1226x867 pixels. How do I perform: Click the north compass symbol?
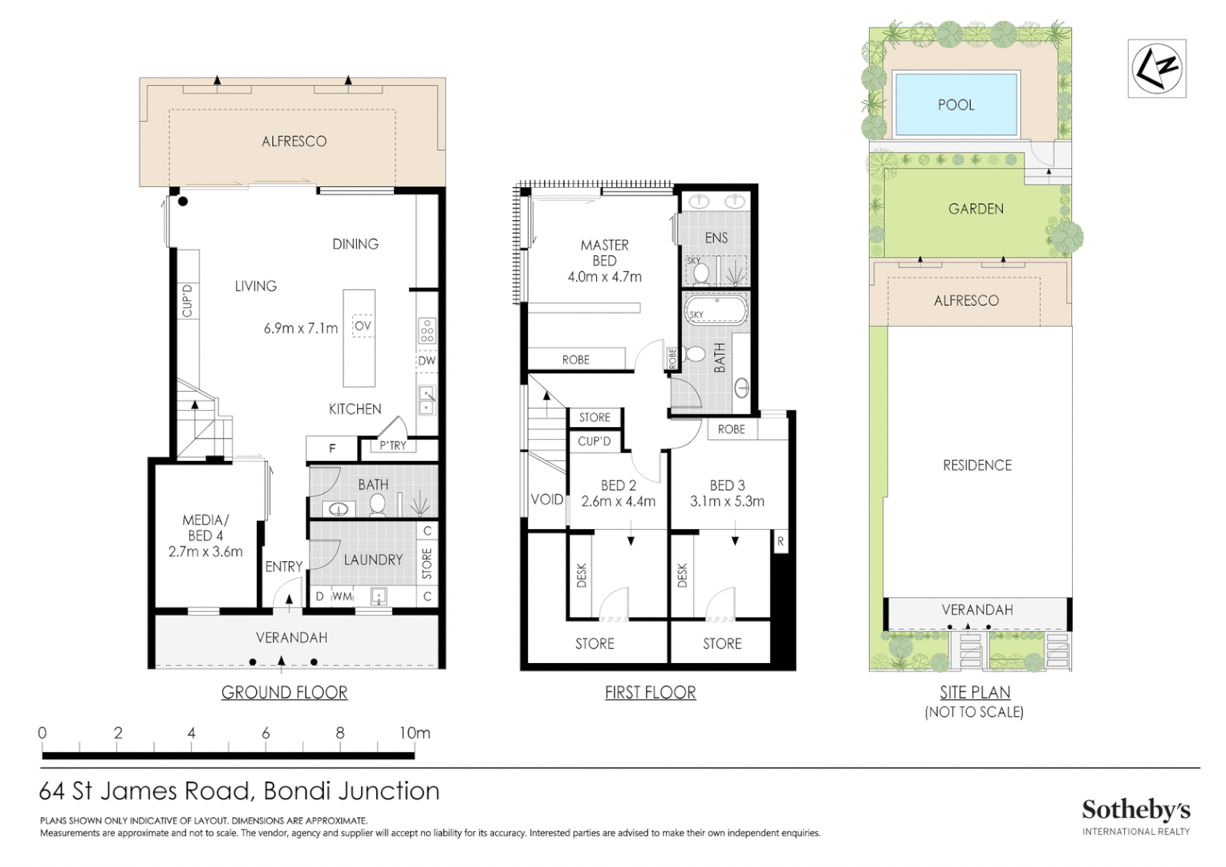[x=1156, y=68]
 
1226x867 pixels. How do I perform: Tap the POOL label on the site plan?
[x=956, y=104]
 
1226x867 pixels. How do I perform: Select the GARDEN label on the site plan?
[x=976, y=209]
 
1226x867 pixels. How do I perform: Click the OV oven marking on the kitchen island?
[x=363, y=326]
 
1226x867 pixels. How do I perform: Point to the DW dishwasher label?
[x=426, y=360]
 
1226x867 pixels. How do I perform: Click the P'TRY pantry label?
[x=393, y=446]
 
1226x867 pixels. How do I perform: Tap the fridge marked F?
[x=331, y=449]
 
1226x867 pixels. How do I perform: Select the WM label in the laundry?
[x=342, y=596]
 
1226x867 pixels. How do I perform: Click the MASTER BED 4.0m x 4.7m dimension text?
[x=605, y=277]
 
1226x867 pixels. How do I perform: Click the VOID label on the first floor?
[x=546, y=499]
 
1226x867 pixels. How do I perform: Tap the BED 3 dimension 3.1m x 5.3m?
[x=727, y=501]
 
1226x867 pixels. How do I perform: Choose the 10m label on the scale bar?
[x=415, y=733]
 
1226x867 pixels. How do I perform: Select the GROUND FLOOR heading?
[x=284, y=692]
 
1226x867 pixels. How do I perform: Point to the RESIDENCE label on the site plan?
[x=977, y=466]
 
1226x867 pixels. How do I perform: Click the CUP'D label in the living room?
[x=187, y=300]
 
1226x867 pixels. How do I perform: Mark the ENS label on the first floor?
[x=716, y=238]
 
